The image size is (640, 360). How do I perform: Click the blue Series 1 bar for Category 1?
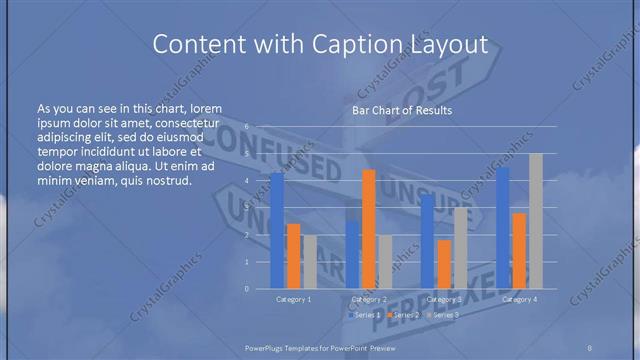[277, 231]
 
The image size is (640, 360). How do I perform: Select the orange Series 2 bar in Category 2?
[369, 229]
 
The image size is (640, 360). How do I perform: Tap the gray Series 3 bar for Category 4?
[536, 221]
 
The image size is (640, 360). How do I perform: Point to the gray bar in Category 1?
[310, 262]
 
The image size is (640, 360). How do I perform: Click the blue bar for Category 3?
[427, 241]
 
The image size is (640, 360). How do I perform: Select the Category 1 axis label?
[294, 299]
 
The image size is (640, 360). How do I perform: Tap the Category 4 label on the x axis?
[519, 299]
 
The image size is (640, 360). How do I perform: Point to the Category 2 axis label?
[369, 299]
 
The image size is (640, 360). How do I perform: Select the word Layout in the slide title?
[449, 45]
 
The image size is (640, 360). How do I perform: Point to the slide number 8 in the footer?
[590, 346]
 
